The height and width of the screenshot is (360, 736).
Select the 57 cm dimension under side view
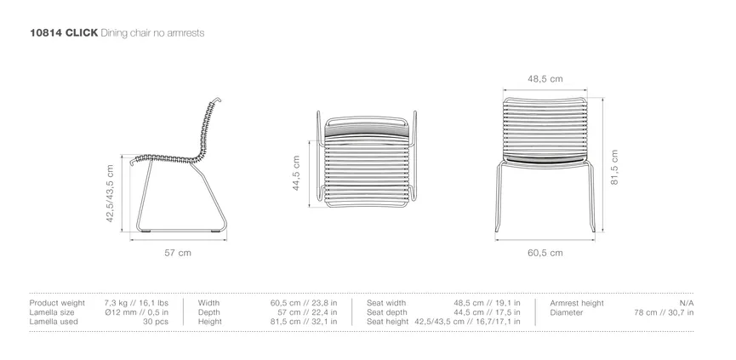[178, 253]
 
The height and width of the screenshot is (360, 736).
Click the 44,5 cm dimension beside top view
[296, 174]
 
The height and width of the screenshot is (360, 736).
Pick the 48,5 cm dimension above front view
[545, 79]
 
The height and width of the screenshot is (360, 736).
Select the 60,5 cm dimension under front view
[545, 253]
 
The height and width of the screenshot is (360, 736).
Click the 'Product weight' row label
[57, 303]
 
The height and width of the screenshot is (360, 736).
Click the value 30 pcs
[156, 322]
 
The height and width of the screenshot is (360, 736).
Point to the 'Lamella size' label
[53, 312]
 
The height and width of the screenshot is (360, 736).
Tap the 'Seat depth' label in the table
[387, 312]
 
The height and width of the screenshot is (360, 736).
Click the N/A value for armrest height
[686, 303]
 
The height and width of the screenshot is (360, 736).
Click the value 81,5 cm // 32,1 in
[303, 322]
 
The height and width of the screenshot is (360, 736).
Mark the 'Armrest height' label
[577, 303]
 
